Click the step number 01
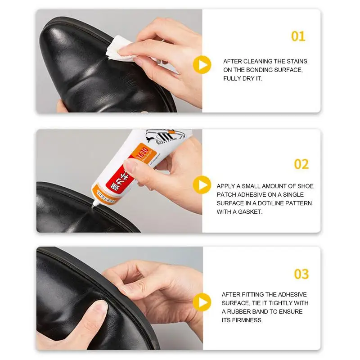pyautogui.click(x=298, y=36)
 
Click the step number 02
pyautogui.click(x=301, y=164)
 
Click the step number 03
pyautogui.click(x=301, y=274)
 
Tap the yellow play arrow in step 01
pyautogui.click(x=202, y=65)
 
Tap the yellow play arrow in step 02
pyautogui.click(x=202, y=185)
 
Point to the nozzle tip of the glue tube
pyautogui.click(x=94, y=205)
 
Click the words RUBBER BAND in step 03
pyautogui.click(x=249, y=311)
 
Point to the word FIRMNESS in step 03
pyautogui.click(x=247, y=320)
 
